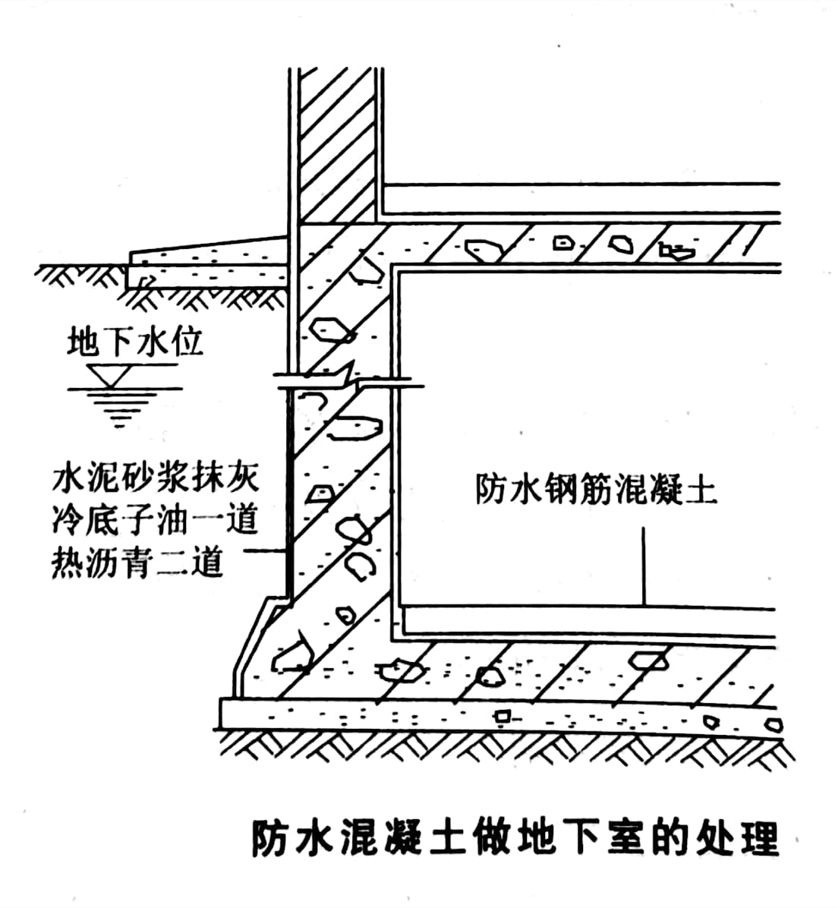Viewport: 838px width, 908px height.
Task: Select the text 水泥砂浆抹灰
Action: pyautogui.click(x=156, y=478)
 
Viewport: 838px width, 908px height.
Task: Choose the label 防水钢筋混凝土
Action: pyautogui.click(x=596, y=490)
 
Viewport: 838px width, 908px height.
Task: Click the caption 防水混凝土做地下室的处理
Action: pyautogui.click(x=515, y=839)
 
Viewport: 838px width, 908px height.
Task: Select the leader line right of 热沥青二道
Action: pyautogui.click(x=257, y=551)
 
